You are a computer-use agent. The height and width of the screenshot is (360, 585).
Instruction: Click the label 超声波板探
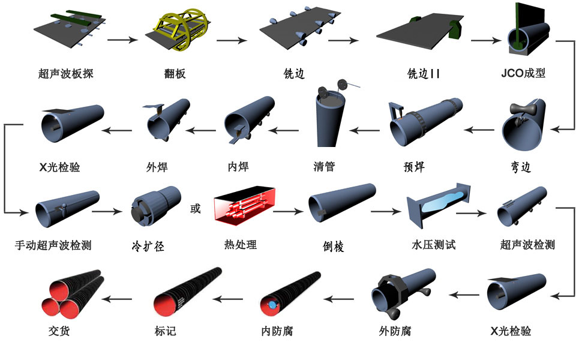tap(65, 74)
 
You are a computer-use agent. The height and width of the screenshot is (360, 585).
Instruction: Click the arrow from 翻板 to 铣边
tap(232, 41)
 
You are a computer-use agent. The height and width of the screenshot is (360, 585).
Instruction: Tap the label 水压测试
tap(434, 245)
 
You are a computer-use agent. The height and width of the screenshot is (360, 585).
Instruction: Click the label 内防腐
tap(277, 331)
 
